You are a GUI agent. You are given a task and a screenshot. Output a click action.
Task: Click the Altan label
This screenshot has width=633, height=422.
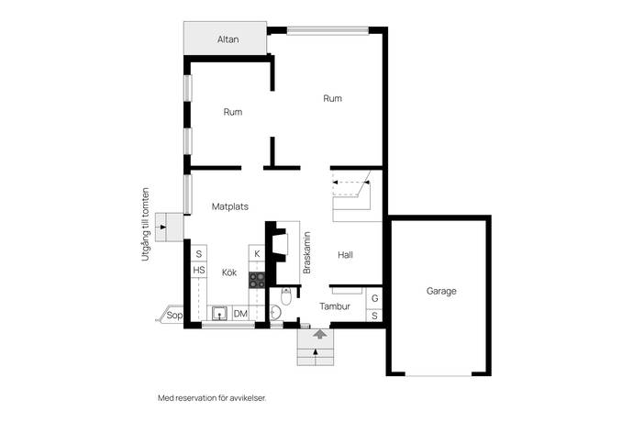coord(228,39)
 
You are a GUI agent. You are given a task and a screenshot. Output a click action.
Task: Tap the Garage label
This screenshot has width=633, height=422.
coord(441,291)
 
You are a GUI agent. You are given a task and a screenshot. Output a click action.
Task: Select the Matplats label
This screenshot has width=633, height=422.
coord(230,206)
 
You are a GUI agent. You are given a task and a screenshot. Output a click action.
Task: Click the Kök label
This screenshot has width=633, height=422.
coord(229,272)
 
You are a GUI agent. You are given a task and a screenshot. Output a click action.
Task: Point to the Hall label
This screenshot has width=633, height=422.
coord(345,255)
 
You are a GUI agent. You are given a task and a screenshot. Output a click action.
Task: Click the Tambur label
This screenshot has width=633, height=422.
coord(335,306)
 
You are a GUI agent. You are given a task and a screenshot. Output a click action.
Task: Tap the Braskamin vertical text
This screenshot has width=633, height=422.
coord(306,253)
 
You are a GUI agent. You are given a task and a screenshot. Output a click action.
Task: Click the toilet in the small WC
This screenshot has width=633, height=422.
coord(286,297)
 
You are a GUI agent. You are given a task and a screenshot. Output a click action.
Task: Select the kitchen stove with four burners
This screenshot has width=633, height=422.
coord(257,280)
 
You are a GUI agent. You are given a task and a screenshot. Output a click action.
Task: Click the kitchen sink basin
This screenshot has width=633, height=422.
coord(219,314)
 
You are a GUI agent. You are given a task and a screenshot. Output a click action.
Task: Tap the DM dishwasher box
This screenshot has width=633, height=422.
coord(240,314)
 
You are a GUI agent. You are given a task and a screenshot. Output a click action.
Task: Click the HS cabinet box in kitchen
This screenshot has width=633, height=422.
coord(199,270)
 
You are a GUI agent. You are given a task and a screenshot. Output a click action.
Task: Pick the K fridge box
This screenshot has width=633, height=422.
coord(257,253)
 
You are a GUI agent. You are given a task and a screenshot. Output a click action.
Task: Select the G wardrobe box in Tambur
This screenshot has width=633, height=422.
coord(374,298)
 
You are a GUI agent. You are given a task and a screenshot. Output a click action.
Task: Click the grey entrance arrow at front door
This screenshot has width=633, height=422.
coord(320,334)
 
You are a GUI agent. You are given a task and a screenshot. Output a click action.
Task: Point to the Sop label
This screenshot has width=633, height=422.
coord(174,315)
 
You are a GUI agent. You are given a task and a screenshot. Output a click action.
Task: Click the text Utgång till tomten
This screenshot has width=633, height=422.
coord(145,224)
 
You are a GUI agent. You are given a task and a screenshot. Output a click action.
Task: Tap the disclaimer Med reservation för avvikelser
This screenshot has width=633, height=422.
coord(212,398)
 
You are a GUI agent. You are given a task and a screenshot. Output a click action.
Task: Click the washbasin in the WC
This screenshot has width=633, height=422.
coord(275,312)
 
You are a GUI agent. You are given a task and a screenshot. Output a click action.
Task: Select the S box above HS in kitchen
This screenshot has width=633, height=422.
coord(199,254)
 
